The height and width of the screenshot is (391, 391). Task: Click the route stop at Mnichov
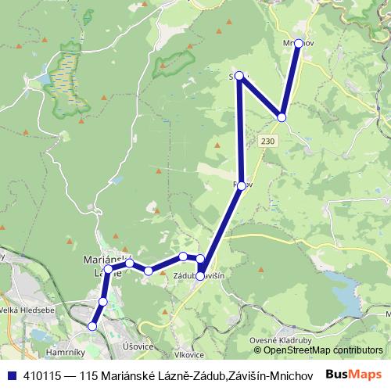[x=298, y=44]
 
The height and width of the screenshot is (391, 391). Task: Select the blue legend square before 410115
[x=9, y=375]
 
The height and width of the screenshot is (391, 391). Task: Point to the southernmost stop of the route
[x=93, y=326]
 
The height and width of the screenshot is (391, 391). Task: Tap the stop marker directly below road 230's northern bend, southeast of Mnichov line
[x=282, y=117]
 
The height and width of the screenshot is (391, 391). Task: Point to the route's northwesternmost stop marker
[x=240, y=77]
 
